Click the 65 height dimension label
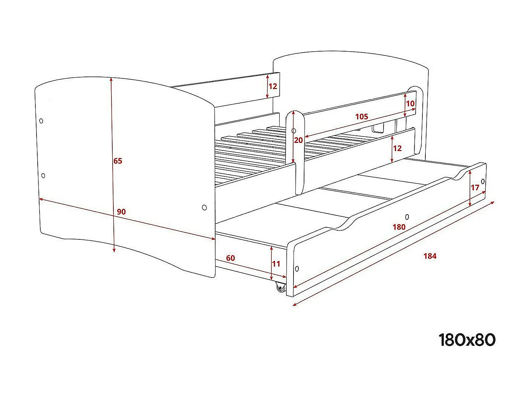pos(118,161)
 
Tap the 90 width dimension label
pos(121,212)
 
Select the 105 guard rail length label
pos(362,116)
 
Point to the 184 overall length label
pos(430,256)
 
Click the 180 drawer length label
pos(399,227)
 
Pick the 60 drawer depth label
pos(231,258)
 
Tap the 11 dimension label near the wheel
pos(276,264)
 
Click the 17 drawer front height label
pos(475,187)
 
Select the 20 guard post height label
pos(298,140)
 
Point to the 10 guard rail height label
pos(410,104)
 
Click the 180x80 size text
pos(467,340)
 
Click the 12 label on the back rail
pos(273,86)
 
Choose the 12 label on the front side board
pos(398,148)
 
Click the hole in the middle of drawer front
pos(407,217)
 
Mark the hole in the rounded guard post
pos(294,130)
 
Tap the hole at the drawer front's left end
pos(297,268)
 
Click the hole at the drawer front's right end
pos(483,181)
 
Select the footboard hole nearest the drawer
pos(204,207)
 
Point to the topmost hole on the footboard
pos(41,121)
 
